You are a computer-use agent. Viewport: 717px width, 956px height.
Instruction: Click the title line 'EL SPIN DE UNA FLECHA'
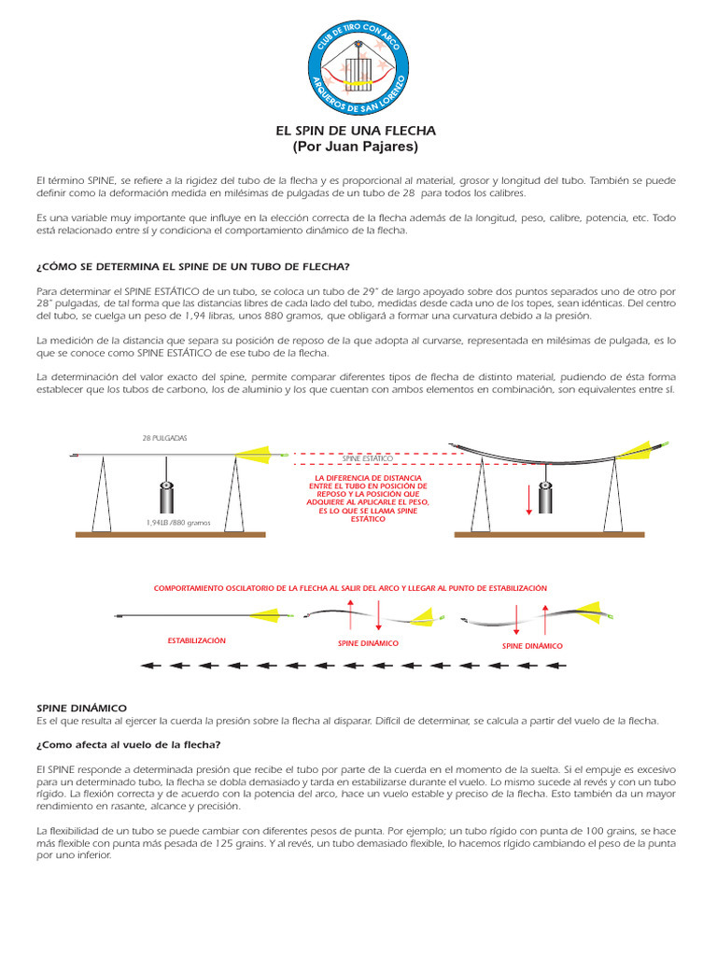pos(356,131)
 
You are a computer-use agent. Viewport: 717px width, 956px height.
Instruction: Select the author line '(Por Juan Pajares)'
pos(356,148)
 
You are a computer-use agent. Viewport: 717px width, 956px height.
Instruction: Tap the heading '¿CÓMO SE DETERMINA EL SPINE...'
pos(192,268)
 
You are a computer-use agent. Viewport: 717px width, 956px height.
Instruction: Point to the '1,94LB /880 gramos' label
pos(178,523)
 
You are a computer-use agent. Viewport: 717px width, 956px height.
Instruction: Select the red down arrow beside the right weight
pos(529,499)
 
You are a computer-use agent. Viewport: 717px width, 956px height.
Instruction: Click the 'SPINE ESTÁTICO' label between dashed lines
pos(367,459)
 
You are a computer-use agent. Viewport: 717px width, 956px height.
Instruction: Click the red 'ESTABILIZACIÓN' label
pos(196,641)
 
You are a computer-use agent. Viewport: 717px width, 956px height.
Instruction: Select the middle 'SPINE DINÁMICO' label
pos(368,643)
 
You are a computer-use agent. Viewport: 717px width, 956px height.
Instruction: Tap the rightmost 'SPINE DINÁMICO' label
pos(532,645)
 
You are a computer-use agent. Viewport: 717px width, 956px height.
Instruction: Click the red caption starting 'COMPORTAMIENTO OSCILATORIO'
pos(350,588)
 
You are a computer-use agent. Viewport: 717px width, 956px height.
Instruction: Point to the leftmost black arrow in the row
pos(150,667)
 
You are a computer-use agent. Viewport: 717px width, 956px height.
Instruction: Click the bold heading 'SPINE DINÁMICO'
pos(81,709)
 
